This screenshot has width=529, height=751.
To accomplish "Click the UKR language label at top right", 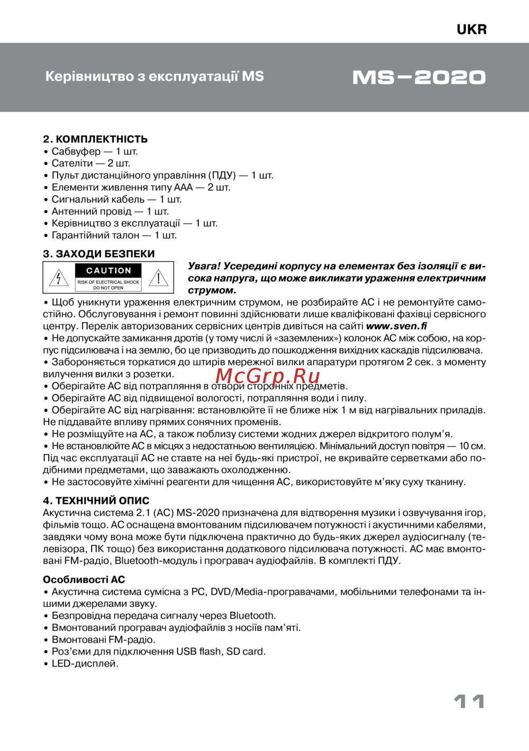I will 471,30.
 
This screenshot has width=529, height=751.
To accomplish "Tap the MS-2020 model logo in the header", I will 419,78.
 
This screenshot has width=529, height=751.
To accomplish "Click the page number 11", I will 469,702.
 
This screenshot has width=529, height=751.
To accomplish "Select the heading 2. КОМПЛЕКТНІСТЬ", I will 95,139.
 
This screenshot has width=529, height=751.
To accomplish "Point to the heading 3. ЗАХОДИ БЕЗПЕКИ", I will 99,254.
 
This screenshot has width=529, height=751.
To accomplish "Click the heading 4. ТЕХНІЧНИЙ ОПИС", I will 96,500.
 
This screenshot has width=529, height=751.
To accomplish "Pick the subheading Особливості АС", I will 84,580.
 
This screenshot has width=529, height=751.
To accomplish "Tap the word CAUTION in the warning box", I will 108,270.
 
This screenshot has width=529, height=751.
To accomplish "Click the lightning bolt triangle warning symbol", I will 59,278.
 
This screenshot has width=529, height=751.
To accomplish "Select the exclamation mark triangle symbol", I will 158,278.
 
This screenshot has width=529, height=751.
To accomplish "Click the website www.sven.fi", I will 396,326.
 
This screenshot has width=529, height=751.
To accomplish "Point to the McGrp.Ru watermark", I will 268,376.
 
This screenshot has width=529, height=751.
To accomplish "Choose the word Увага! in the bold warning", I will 204,266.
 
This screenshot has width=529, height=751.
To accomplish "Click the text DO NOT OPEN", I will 108,288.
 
